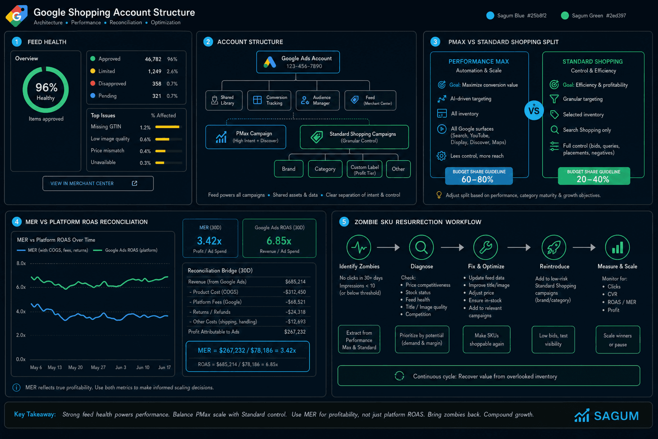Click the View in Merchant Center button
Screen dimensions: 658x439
tap(98, 183)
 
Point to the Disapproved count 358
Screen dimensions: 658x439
tap(156, 84)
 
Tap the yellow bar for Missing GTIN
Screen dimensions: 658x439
tap(167, 127)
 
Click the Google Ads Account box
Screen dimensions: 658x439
tap(298, 62)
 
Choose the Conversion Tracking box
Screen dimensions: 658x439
tap(269, 100)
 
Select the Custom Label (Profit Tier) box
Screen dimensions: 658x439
tap(365, 169)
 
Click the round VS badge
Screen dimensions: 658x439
tap(534, 111)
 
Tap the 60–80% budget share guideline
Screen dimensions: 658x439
tap(479, 176)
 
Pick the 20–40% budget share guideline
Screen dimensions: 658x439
tap(594, 176)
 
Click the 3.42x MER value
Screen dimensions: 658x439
tap(209, 241)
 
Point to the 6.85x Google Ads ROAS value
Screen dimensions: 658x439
tap(279, 241)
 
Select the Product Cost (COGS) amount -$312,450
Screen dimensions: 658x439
tap(294, 292)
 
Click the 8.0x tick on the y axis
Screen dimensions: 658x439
tap(21, 264)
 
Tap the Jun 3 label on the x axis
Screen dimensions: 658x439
tap(121, 367)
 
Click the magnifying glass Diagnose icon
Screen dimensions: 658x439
tap(422, 247)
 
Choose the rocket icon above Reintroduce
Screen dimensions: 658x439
tap(554, 247)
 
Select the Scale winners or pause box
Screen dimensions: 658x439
tap(618, 340)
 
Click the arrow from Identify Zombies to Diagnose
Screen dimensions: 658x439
tap(389, 248)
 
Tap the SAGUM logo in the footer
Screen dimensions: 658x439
tap(607, 415)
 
